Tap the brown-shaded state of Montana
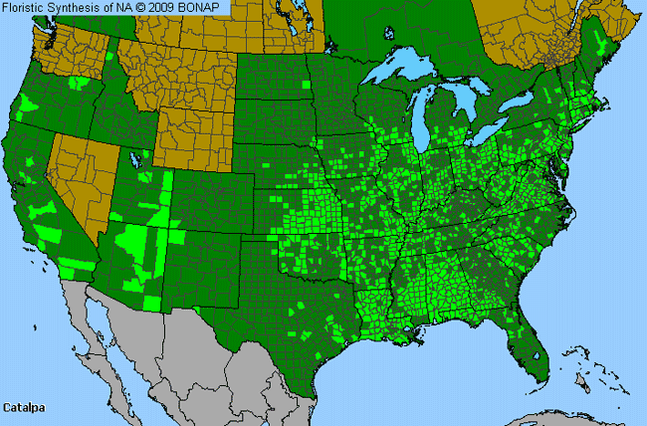tap(179, 70)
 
